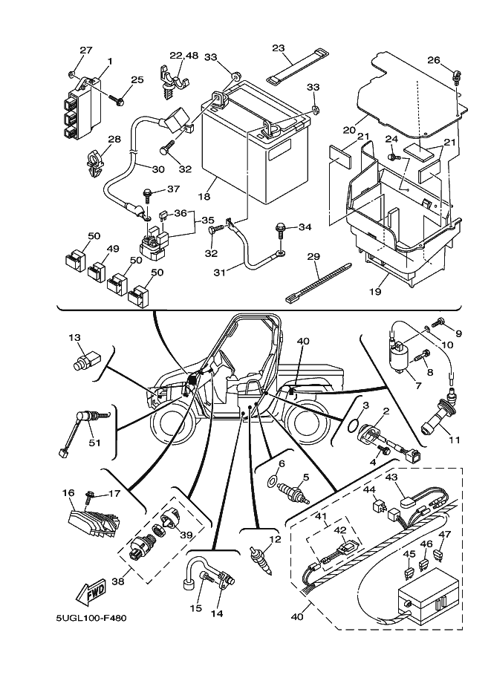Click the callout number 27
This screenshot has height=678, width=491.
click(x=85, y=50)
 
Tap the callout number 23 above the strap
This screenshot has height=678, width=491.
click(x=278, y=48)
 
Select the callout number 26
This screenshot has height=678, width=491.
click(x=434, y=61)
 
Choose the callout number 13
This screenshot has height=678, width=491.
click(x=74, y=339)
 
